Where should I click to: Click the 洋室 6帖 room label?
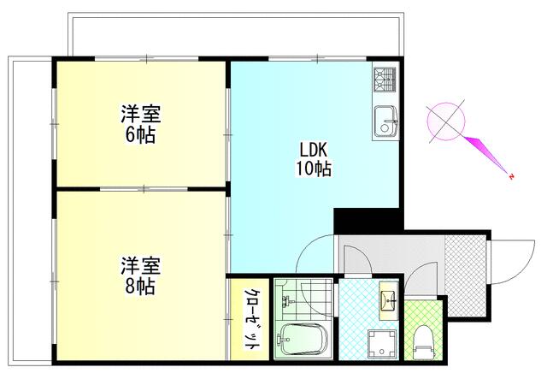click(x=141, y=123)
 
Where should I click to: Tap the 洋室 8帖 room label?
click(x=141, y=276)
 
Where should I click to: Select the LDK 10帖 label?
click(x=314, y=159)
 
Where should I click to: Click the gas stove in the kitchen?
click(x=385, y=80)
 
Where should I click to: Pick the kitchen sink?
click(x=385, y=121)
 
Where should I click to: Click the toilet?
click(x=424, y=342)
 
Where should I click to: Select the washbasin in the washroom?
click(x=389, y=299)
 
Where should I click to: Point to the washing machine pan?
click(x=382, y=343)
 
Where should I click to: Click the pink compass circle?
click(x=446, y=121)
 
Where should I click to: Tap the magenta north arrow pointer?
click(x=485, y=153)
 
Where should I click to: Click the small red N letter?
click(x=511, y=176)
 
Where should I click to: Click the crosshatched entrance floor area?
click(x=465, y=275)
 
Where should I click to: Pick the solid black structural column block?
click(x=368, y=220)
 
